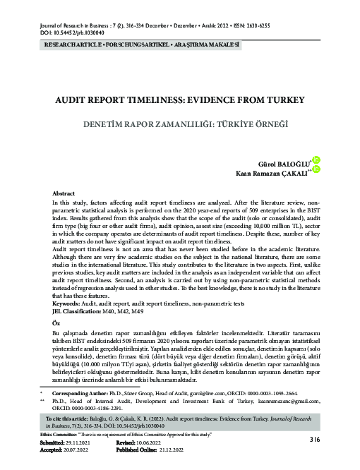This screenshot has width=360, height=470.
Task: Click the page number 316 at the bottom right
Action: tap(316, 440)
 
